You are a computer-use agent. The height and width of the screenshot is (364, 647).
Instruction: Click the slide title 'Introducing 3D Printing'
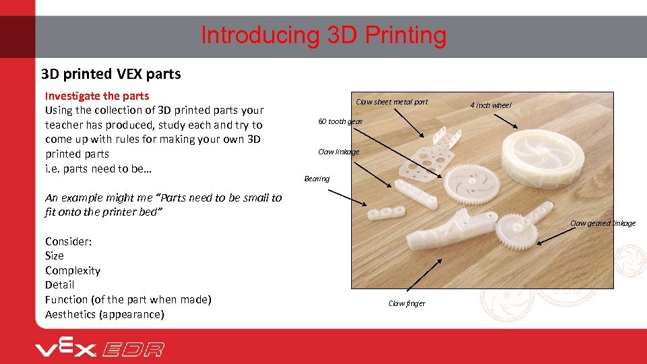tap(323, 35)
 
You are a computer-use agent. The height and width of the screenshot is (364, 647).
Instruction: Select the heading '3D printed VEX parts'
tap(111, 74)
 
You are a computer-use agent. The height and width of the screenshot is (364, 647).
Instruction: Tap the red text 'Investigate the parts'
tap(96, 96)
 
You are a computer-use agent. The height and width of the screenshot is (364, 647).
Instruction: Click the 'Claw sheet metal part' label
tap(392, 102)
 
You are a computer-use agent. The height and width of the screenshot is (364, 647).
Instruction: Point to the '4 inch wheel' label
tap(491, 105)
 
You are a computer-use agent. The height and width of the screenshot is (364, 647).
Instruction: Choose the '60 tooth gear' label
tap(340, 121)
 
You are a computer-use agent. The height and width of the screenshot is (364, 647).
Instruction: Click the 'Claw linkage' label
tap(338, 152)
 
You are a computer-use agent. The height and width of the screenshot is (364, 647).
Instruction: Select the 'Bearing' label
tap(317, 179)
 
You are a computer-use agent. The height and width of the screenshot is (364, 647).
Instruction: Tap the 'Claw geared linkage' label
tap(603, 223)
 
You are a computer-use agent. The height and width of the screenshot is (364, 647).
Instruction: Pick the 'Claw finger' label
tap(406, 303)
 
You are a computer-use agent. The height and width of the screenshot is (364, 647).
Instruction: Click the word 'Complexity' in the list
tap(73, 270)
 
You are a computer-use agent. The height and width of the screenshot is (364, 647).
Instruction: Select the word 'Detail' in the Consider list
tap(60, 284)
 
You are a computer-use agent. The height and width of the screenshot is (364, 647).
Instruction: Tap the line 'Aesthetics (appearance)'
tap(104, 314)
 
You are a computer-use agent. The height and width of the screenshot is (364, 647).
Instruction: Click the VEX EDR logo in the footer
tap(99, 348)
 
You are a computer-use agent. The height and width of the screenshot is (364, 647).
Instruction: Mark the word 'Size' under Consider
tap(55, 255)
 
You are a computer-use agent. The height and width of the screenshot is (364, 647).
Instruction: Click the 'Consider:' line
tap(69, 241)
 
